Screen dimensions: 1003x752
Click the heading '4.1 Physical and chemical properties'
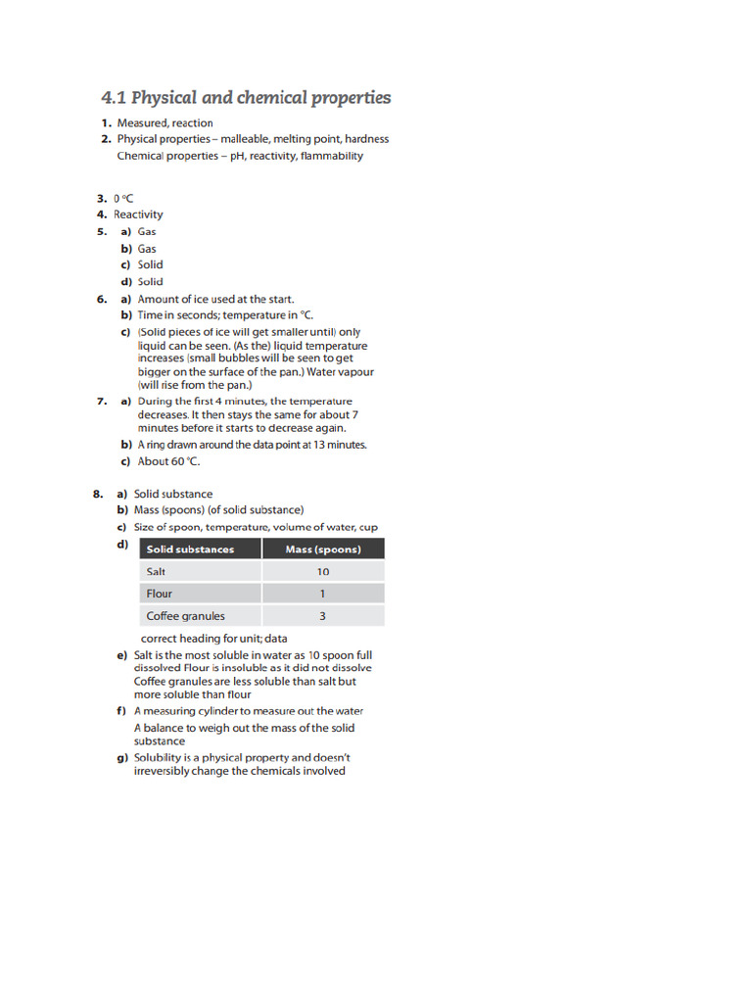(246, 98)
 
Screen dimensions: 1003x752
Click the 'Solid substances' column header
(190, 549)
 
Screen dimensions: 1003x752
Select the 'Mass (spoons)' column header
(322, 549)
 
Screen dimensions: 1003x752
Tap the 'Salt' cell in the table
(156, 571)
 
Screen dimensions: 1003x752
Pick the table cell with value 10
(322, 571)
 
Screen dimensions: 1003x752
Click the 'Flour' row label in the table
(159, 594)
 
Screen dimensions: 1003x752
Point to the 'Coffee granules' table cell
(185, 616)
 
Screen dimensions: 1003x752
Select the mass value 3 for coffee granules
(322, 616)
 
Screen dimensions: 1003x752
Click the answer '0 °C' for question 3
(122, 198)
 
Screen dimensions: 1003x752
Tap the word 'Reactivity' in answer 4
(138, 215)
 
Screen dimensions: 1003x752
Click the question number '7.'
(102, 402)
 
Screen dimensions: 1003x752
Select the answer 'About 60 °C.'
(168, 461)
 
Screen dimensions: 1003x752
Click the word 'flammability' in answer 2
(332, 156)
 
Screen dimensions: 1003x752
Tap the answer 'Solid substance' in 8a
(172, 495)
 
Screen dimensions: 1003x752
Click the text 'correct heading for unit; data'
(214, 639)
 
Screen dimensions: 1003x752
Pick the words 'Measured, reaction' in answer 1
(164, 123)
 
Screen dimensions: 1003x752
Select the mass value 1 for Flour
(322, 594)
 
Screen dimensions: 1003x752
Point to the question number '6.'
(102, 300)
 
